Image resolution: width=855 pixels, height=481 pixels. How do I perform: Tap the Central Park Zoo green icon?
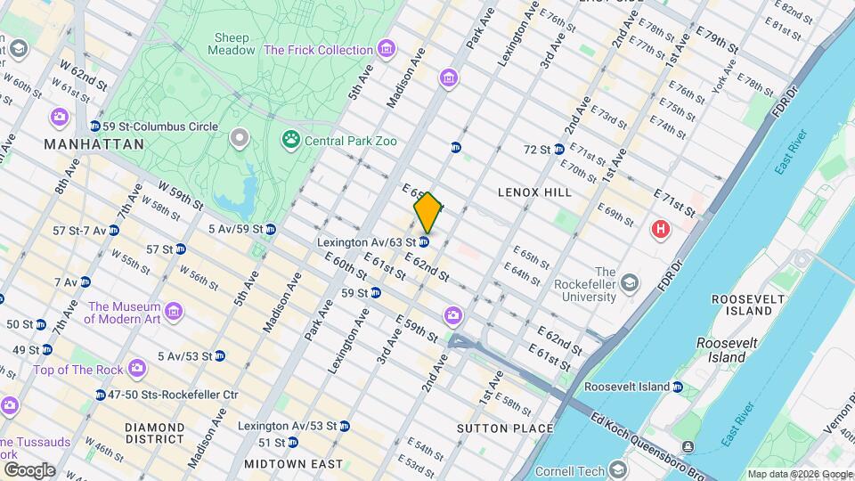[290, 139]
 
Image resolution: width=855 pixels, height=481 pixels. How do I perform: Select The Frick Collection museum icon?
[386, 50]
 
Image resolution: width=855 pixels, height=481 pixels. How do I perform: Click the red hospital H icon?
[660, 230]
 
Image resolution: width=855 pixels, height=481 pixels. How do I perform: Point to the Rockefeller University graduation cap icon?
[631, 284]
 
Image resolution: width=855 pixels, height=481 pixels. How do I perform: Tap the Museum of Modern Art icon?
[175, 312]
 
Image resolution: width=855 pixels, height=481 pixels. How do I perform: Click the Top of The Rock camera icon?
[136, 367]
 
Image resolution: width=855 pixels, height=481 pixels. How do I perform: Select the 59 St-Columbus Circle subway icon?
[95, 126]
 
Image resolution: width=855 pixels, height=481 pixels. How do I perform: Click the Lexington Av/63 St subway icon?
[425, 241]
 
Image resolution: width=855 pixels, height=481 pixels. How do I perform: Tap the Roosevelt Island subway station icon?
[678, 387]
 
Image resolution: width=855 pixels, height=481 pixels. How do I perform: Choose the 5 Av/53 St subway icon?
[220, 355]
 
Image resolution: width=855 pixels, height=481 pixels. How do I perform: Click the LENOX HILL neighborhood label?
[534, 192]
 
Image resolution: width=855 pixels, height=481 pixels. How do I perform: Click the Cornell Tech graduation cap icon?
[617, 470]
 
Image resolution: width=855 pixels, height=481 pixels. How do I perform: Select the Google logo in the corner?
[29, 469]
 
